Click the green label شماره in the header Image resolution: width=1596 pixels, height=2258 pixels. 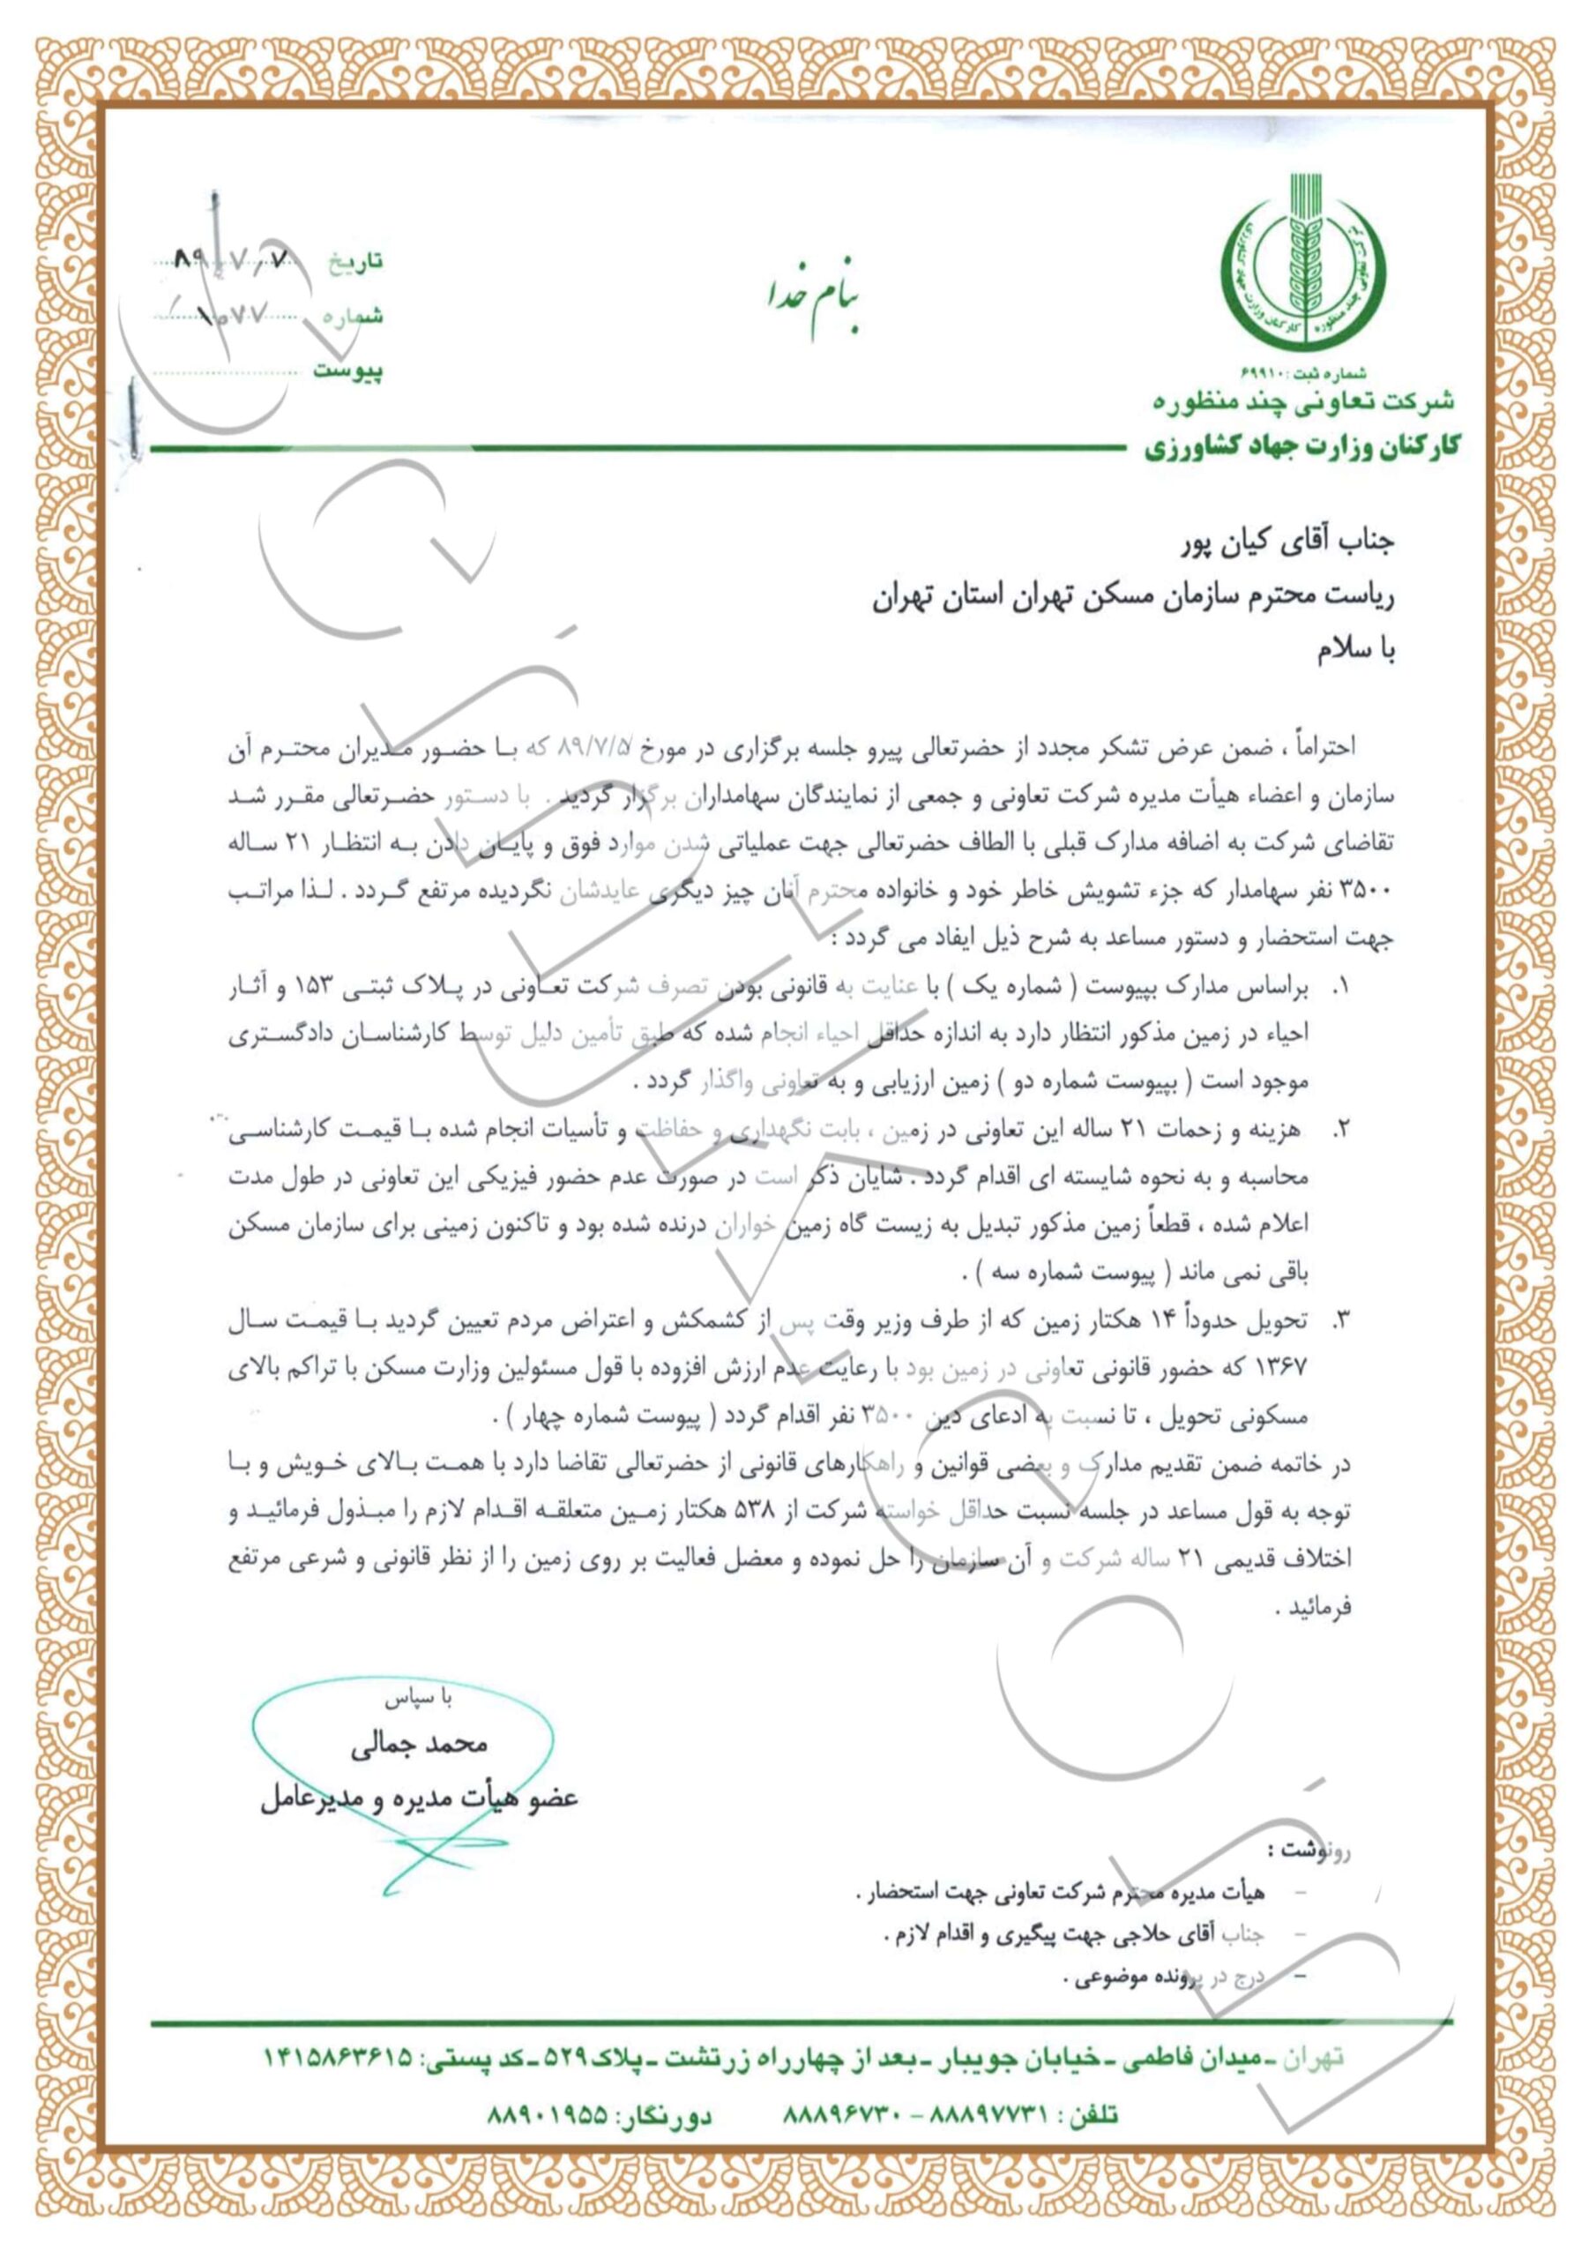352,317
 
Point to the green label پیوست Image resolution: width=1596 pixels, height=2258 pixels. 348,370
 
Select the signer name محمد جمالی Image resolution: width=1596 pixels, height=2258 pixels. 419,1744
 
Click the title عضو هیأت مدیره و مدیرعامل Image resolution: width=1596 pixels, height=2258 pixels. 419,1798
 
